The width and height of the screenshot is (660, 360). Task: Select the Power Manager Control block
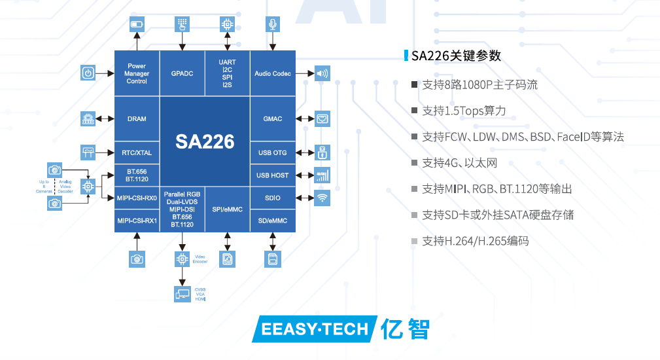137,73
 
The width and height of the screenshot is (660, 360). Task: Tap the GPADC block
182,73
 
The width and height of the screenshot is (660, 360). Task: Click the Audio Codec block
273,73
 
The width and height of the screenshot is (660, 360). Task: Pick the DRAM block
137,119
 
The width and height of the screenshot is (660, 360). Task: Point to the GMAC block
273,119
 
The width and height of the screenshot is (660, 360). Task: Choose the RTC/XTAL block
137,153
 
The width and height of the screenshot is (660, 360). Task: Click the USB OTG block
273,153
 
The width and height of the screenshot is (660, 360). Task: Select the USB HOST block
273,175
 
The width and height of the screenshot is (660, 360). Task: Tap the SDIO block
273,198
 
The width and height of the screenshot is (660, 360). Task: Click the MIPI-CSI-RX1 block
137,221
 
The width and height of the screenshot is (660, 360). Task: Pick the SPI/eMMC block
228,209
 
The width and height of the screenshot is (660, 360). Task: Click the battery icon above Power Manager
137,25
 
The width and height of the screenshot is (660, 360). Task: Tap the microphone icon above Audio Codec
273,25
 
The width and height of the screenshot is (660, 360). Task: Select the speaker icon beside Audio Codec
322,73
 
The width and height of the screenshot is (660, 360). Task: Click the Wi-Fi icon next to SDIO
322,198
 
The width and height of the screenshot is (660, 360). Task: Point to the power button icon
88,73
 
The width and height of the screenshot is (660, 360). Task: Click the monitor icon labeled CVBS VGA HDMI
182,294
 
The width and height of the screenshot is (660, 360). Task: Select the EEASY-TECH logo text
315,329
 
